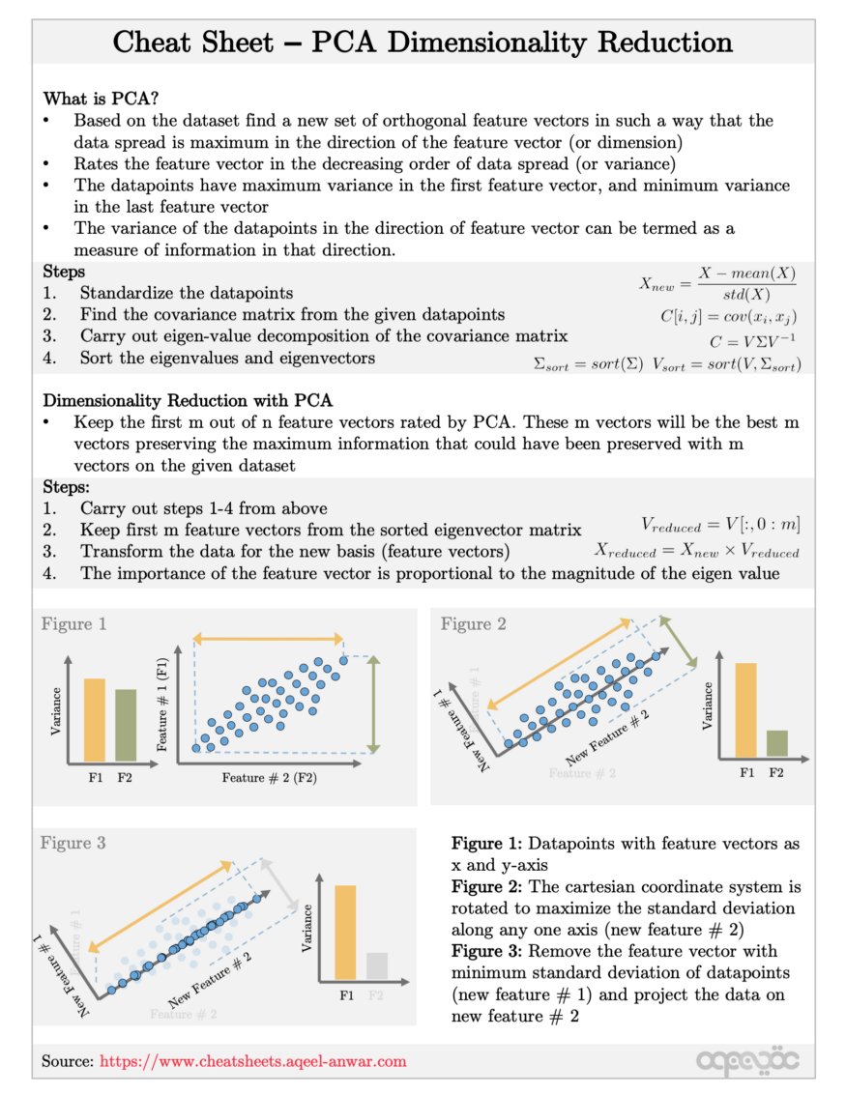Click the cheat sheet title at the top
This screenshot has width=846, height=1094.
click(x=423, y=43)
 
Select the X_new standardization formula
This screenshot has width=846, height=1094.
click(x=717, y=283)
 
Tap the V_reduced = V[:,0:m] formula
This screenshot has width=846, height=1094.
click(x=720, y=524)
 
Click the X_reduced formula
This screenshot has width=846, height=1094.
click(x=696, y=551)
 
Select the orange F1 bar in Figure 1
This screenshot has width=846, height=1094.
click(x=94, y=720)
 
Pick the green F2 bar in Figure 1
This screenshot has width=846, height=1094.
click(x=126, y=725)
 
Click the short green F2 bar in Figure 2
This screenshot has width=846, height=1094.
click(x=776, y=742)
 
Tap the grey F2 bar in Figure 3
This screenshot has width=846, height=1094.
click(x=377, y=965)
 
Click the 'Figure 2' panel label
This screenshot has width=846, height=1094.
click(x=473, y=624)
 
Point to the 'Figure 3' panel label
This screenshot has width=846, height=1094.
click(x=73, y=844)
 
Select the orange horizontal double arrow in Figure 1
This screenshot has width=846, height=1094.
click(x=269, y=638)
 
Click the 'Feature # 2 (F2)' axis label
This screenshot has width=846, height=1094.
click(x=270, y=777)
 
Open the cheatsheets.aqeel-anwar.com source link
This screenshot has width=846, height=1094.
click(x=253, y=1061)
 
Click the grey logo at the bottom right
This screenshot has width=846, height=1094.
click(x=747, y=1061)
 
